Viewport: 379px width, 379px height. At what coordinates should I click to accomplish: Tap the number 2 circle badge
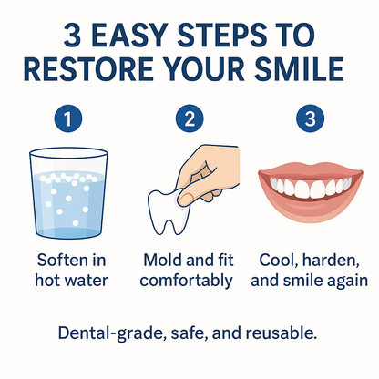pos(189,118)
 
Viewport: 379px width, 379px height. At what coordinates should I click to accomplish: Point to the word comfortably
pos(189,280)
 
